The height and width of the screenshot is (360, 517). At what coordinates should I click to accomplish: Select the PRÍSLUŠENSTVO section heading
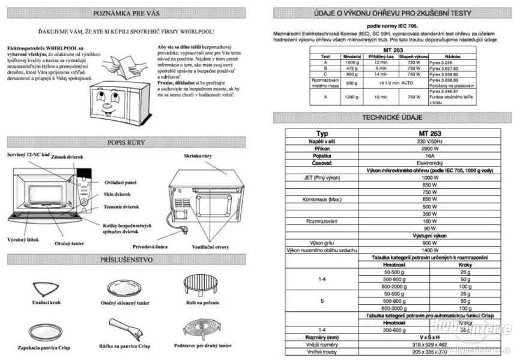pos(126,260)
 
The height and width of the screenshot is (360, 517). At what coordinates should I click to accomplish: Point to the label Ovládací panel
pos(121,182)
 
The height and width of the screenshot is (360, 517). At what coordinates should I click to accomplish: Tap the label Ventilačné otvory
pos(210,246)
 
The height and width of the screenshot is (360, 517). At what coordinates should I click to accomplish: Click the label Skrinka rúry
pos(199,156)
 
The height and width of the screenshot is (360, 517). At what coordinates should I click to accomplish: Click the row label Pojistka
pos(322,155)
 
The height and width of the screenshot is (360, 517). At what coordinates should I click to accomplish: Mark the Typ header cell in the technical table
pos(322,133)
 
